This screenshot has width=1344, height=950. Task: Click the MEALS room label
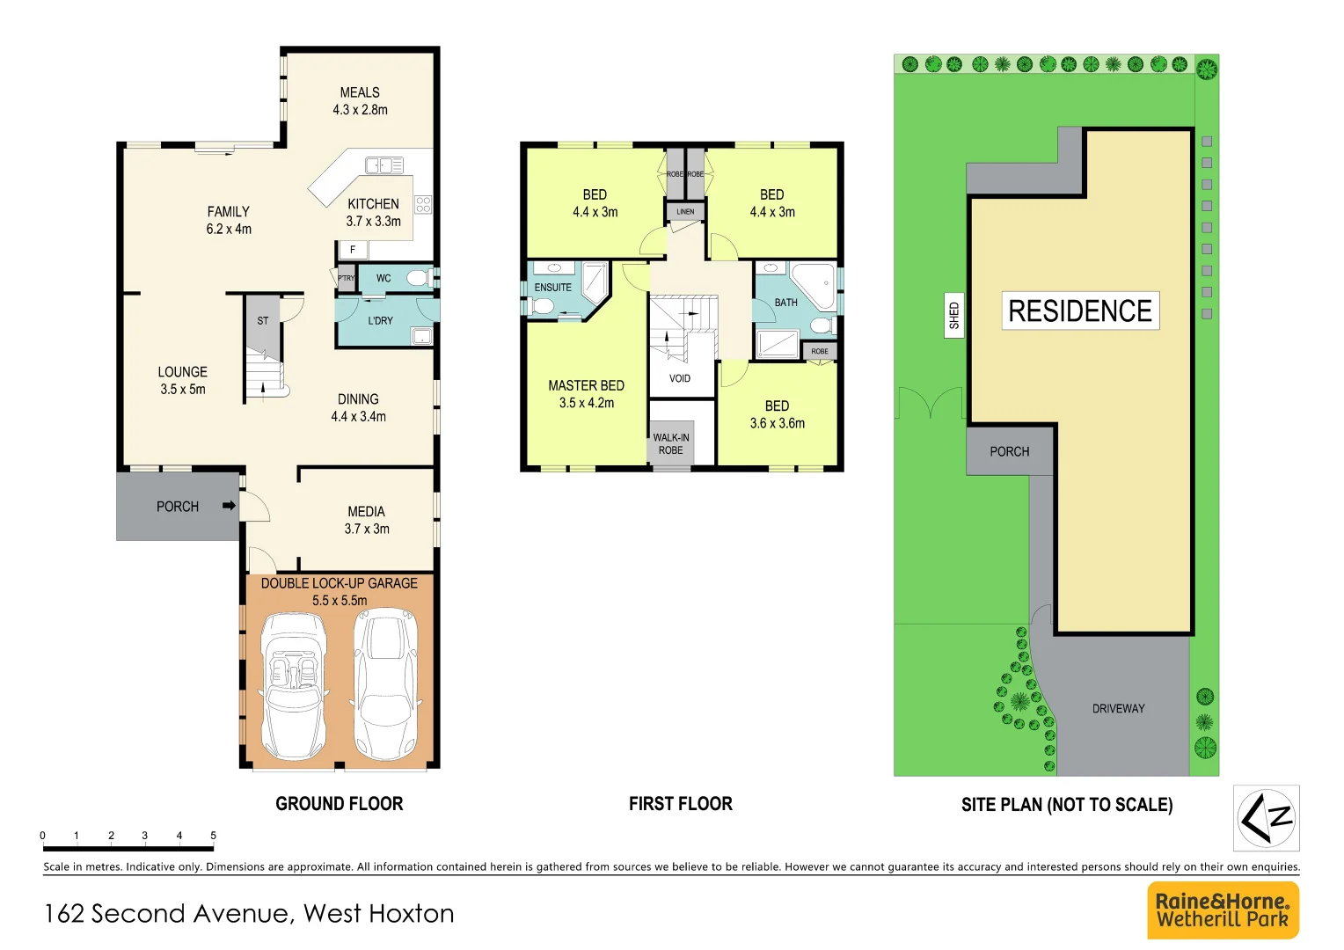coord(360,92)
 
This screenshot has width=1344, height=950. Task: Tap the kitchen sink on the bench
coord(383,165)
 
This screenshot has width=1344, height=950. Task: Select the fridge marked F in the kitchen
coord(353,250)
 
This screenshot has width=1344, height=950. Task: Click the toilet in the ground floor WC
coord(417,279)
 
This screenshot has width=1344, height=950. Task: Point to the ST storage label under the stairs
coord(263,321)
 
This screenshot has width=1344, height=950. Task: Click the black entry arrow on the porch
coord(229,506)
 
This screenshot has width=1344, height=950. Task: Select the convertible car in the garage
coord(294,684)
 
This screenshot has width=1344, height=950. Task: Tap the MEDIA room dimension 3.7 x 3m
coord(367,529)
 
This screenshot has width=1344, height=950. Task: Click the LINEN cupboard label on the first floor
coord(685,212)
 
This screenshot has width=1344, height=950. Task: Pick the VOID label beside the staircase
coord(680,378)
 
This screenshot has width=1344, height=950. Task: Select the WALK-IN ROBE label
coord(671,444)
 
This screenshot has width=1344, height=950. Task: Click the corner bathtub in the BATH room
coord(814,284)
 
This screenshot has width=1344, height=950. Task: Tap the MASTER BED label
coord(586,385)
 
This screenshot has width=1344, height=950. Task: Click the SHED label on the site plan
coord(954,315)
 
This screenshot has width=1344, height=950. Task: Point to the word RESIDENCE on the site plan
coord(1080,311)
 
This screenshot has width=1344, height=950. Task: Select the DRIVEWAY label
coord(1118,708)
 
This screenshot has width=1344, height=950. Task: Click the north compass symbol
coord(1266,818)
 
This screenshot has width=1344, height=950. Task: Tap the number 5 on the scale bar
coord(213,836)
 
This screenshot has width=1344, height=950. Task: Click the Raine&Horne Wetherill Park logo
coord(1223,910)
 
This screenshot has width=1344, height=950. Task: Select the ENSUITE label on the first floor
coord(553,288)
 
